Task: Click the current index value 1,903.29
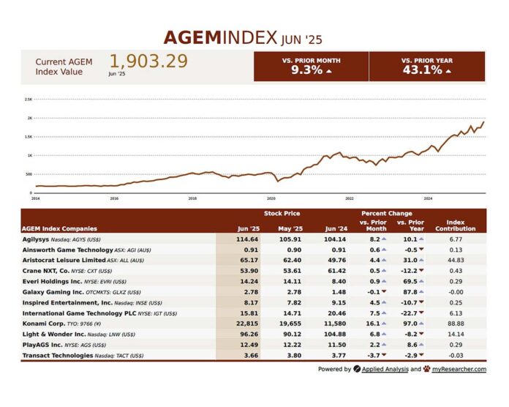pyautogui.click(x=148, y=61)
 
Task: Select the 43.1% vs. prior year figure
pyautogui.click(x=422, y=70)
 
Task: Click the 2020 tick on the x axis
pyautogui.click(x=271, y=198)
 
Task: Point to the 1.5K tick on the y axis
pyautogui.click(x=29, y=136)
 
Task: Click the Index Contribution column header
pyautogui.click(x=455, y=225)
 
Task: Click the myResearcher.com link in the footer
pyautogui.click(x=458, y=369)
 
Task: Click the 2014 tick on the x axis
pyautogui.click(x=35, y=198)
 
